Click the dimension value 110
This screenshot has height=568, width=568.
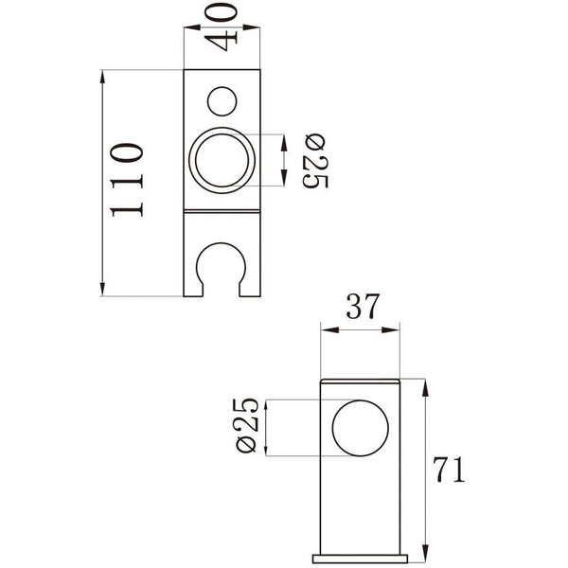point(128,181)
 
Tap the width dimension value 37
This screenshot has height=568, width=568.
point(363,307)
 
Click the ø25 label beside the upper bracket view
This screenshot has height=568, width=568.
point(315,162)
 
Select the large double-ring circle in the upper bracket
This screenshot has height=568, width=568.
point(222,160)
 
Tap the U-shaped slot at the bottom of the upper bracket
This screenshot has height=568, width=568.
point(223,271)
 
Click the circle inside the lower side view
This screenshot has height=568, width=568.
point(361,429)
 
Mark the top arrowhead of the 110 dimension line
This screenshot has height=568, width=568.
point(102,77)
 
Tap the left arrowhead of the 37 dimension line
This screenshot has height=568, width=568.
point(328,330)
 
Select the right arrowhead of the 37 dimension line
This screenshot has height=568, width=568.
point(398,330)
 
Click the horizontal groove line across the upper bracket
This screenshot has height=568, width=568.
point(222,210)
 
